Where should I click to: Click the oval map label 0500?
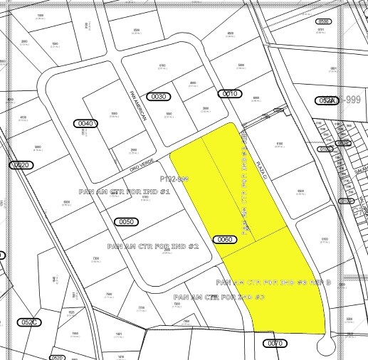tap(324, 22)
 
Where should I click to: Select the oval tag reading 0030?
tap(159, 96)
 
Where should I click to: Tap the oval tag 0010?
tap(230, 94)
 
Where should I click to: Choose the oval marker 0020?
tap(22, 165)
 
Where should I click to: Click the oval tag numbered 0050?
tap(126, 222)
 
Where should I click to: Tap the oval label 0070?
tap(275, 343)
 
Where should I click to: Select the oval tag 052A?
tap(327, 101)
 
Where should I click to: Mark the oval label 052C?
tap(29, 322)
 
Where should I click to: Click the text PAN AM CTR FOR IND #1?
tap(130, 192)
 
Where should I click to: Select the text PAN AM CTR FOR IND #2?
tap(153, 245)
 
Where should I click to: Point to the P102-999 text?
tap(174, 179)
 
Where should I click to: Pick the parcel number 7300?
tap(95, 259)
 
